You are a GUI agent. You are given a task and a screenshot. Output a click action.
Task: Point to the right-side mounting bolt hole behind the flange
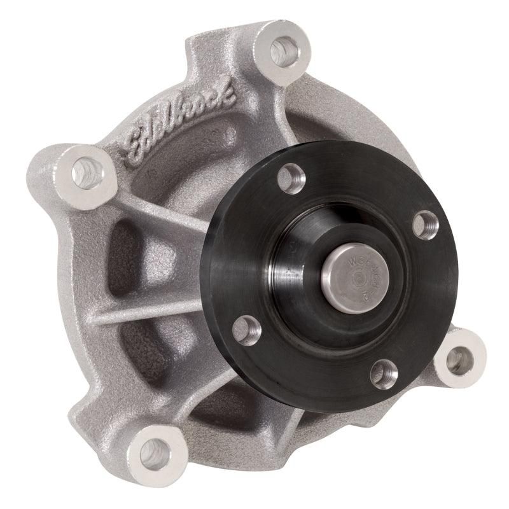click(x=459, y=361)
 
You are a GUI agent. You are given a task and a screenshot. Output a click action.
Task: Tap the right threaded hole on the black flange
click(x=425, y=225)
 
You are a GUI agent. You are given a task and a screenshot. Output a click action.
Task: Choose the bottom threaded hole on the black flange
click(x=384, y=373)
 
